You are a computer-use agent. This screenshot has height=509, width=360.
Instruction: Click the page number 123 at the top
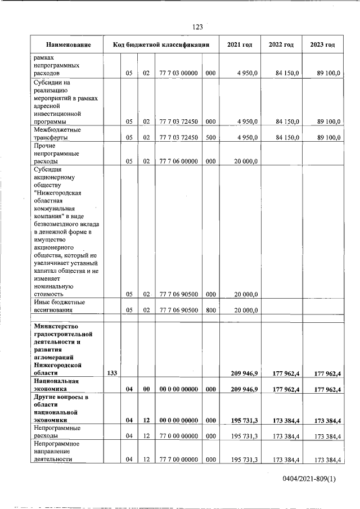click(197, 27)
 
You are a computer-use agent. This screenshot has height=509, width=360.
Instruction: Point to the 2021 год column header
click(240, 45)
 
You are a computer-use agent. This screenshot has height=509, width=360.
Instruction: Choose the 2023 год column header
click(322, 45)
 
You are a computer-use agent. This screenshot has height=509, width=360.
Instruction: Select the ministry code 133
click(111, 373)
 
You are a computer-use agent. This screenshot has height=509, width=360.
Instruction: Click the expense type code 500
click(210, 137)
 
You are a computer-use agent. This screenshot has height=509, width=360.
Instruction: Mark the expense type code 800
click(210, 310)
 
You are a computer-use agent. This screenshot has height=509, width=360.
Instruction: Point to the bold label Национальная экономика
click(56, 385)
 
